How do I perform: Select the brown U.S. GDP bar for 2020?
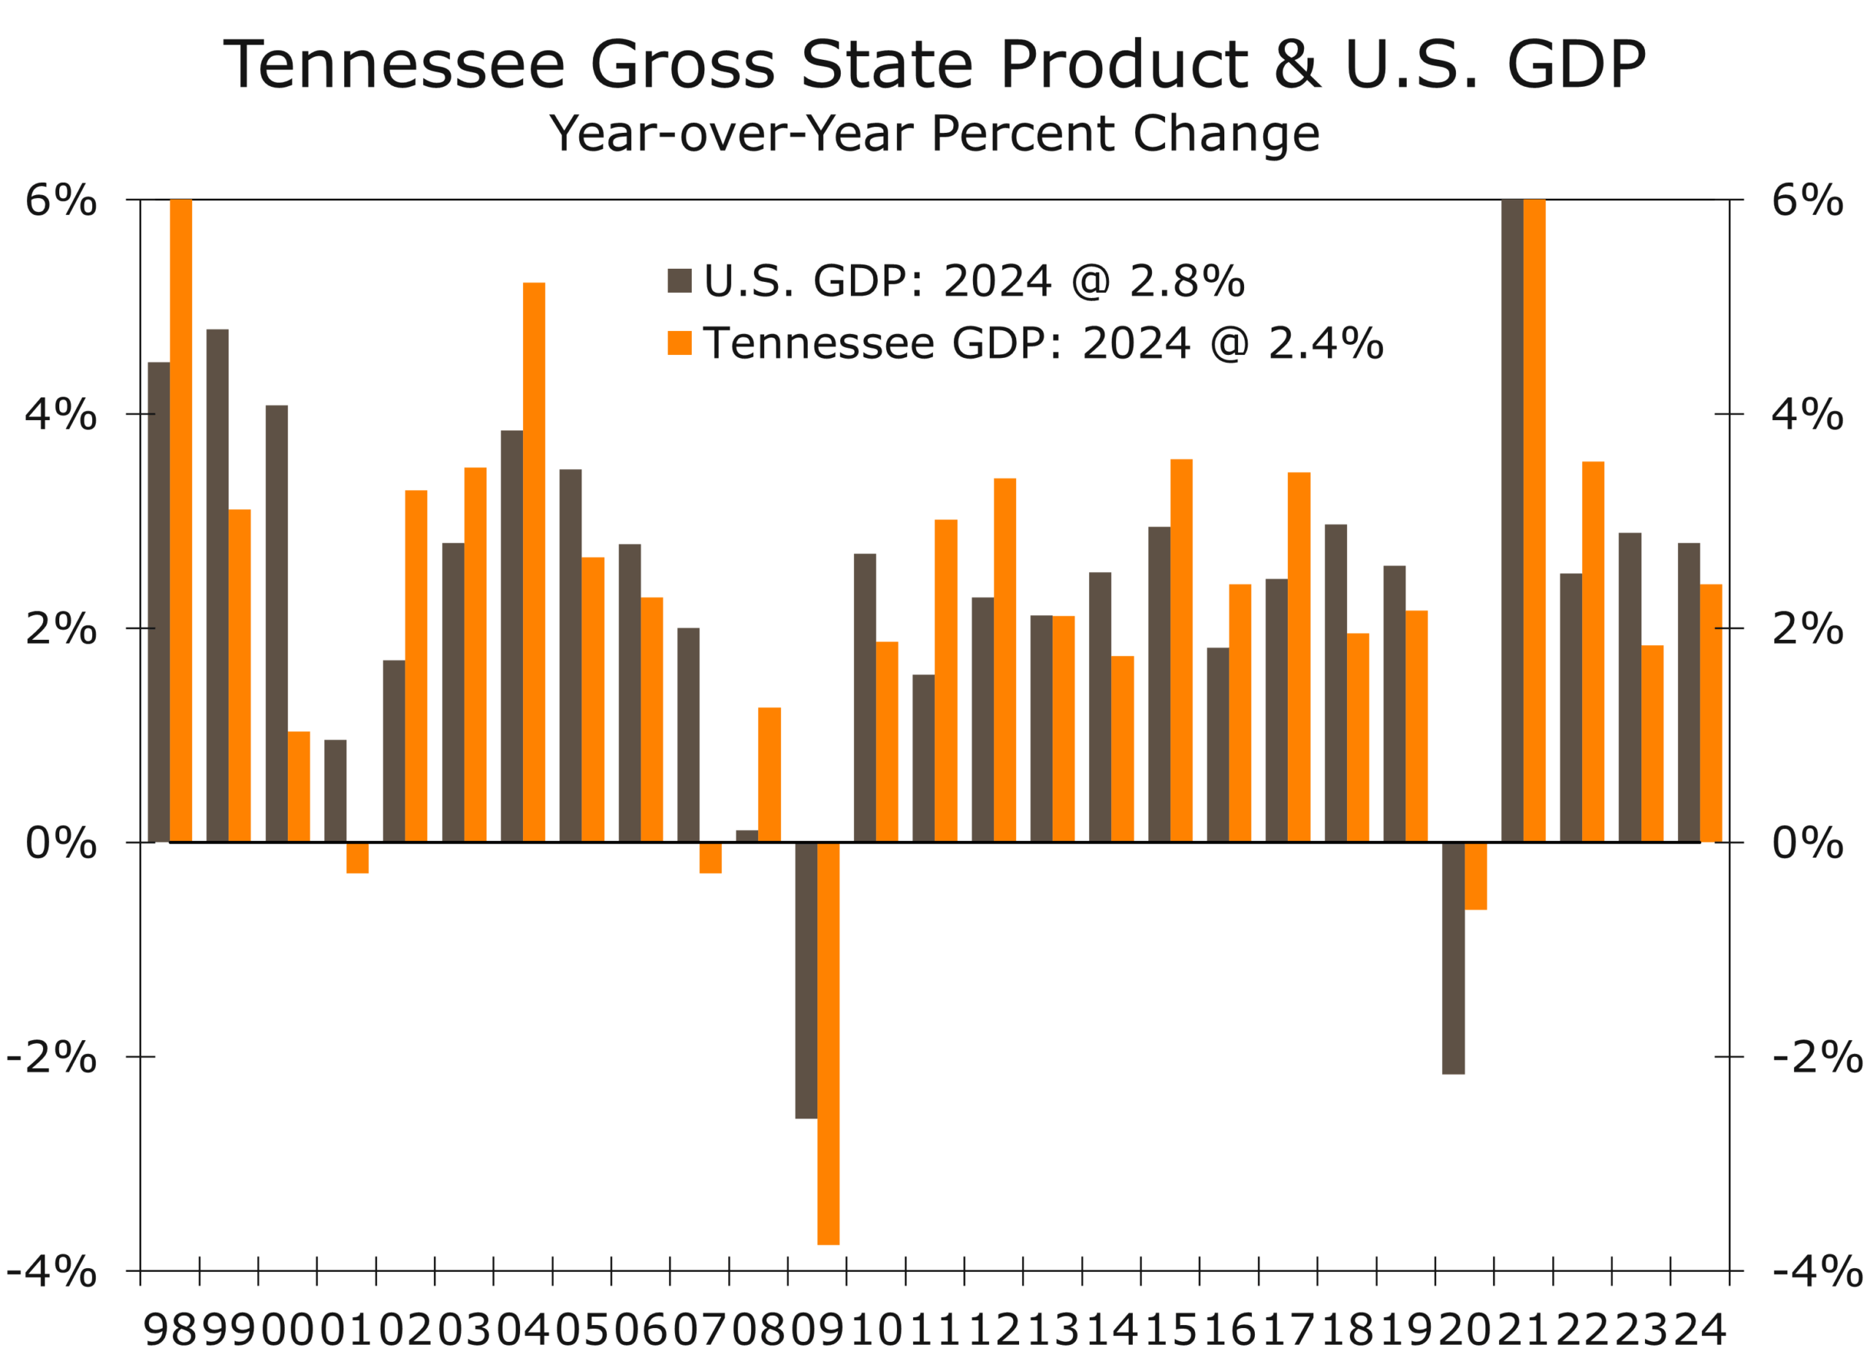[1454, 957]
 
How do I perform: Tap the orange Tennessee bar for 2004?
[533, 562]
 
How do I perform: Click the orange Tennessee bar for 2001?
[357, 858]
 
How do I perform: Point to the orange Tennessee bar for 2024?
[1711, 713]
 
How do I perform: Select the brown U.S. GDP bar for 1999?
[218, 585]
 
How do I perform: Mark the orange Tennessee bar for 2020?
[1476, 876]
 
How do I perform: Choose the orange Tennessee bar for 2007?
[710, 858]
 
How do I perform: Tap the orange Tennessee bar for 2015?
[1180, 651]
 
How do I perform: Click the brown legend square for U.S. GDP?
[679, 281]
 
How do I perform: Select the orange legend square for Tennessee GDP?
[679, 342]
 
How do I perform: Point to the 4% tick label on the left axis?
[60, 414]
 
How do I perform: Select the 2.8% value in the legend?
[1186, 281]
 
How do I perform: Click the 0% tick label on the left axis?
[60, 843]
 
